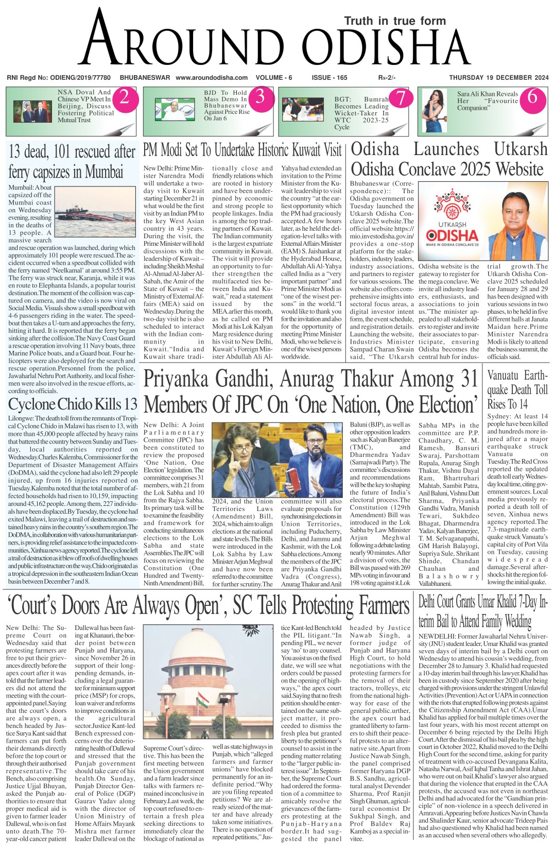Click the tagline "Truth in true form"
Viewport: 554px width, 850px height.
[x=395, y=21]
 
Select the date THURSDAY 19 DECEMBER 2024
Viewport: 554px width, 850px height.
[x=498, y=78]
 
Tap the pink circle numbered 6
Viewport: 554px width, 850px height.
[x=532, y=97]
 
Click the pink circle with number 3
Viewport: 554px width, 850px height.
[x=261, y=97]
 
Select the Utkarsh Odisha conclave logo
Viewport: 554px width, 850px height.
[x=452, y=222]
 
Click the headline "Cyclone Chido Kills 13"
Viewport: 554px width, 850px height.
[x=73, y=404]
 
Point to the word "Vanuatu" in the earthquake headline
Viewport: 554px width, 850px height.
[x=503, y=376]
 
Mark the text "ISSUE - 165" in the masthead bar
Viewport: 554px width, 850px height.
[x=330, y=78]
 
